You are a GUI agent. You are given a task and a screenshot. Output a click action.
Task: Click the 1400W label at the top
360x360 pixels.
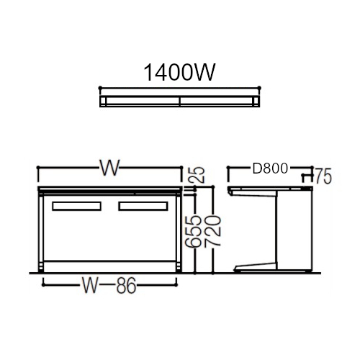click(x=179, y=72)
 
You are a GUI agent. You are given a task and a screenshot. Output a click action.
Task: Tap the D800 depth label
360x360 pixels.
click(x=270, y=168)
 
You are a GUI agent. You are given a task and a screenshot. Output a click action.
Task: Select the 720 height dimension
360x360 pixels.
click(x=212, y=230)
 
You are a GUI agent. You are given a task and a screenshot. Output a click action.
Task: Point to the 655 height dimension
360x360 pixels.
click(x=194, y=231)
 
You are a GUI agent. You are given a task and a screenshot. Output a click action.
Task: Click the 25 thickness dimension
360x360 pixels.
click(x=198, y=175)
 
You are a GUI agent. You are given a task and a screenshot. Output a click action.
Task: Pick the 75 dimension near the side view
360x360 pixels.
click(x=323, y=176)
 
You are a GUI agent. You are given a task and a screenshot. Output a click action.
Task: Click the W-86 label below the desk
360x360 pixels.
click(x=109, y=285)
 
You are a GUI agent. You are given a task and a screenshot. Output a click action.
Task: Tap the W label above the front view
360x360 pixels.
click(x=109, y=168)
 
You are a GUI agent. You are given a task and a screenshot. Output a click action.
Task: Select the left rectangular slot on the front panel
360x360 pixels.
click(x=76, y=207)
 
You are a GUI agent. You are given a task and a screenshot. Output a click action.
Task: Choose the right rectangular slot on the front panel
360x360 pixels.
click(x=143, y=207)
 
